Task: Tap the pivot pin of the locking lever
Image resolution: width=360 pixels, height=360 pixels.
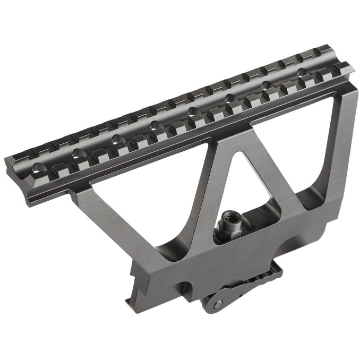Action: (216, 301)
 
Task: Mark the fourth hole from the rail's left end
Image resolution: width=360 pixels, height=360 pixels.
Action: (155, 125)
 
